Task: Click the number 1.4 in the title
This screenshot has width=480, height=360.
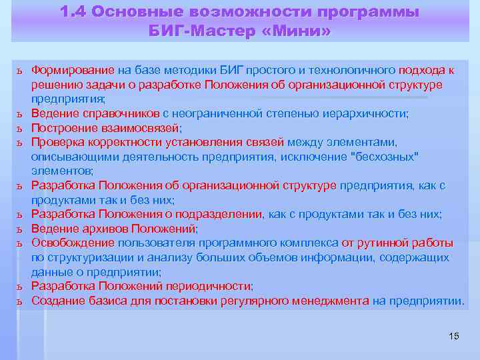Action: pos(74,13)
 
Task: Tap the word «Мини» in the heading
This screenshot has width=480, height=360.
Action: pos(295,31)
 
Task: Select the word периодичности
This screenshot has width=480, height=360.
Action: pos(207,286)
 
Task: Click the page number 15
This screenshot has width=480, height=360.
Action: pos(454,335)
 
